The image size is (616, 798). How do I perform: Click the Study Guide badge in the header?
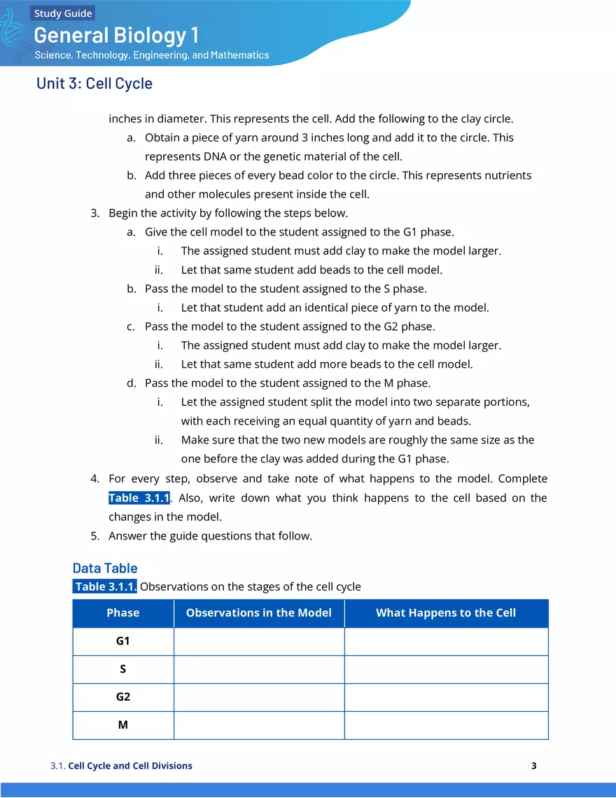pos(63,13)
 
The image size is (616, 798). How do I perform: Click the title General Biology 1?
pos(116,35)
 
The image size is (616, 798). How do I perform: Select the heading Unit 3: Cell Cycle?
pos(94,83)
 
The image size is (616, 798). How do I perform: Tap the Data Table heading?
pos(105,568)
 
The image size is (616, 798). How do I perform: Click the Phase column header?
pos(123,613)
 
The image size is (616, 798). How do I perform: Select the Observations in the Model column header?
pos(259,613)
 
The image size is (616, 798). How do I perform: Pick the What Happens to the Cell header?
pos(446,613)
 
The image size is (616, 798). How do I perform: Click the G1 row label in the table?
pos(123,641)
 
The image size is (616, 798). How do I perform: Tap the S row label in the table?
pos(123,669)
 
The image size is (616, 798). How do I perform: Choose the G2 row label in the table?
pos(123,697)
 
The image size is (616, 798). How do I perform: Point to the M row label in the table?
pos(123,725)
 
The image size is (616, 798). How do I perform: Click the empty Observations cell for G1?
pos(259,641)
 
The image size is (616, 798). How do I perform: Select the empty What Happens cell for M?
pos(446,725)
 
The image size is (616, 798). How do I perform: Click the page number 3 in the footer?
pos(533,766)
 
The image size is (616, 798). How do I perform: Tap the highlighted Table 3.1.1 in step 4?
pos(139,498)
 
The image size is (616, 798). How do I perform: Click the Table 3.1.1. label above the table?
pos(105,586)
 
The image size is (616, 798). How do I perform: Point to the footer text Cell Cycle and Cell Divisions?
pos(130,766)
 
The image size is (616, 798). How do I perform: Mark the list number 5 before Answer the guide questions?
pos(94,536)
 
